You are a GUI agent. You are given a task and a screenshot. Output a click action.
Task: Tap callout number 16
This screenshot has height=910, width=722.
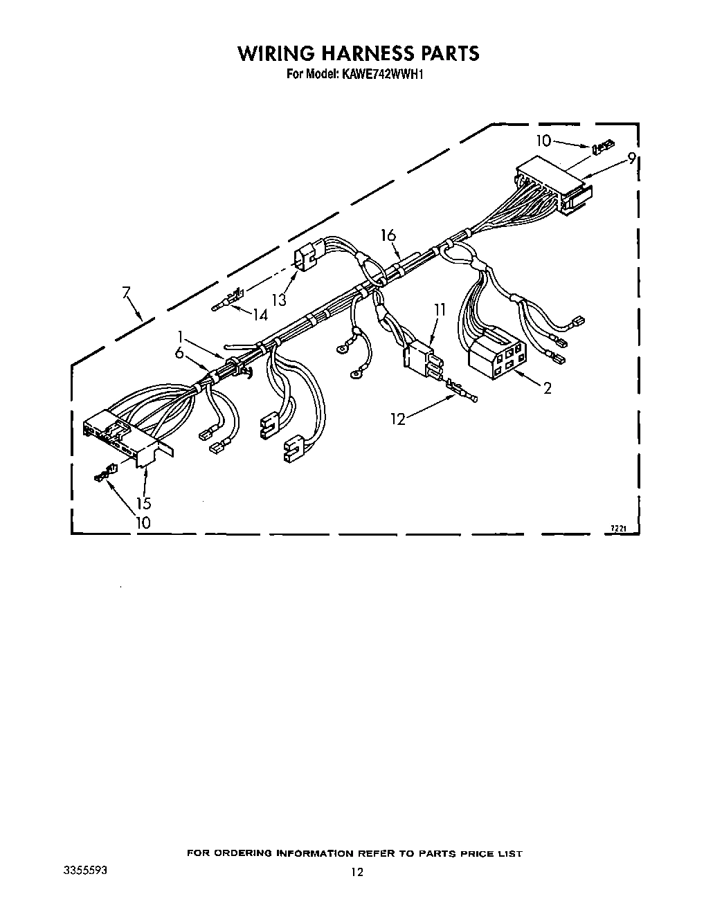tap(388, 236)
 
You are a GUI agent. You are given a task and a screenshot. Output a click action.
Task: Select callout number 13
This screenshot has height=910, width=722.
tap(279, 299)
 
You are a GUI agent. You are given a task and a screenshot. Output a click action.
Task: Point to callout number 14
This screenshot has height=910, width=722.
tap(260, 315)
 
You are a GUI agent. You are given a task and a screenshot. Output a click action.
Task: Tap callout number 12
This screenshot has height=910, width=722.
tap(397, 419)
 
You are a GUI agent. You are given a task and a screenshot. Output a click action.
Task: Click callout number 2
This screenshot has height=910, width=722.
tap(547, 389)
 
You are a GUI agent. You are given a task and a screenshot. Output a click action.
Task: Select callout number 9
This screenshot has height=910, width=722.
tap(631, 158)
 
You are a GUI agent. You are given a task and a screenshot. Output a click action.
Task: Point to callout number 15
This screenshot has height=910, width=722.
tap(143, 503)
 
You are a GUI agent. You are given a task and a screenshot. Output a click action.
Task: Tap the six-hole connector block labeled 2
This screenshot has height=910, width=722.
tap(497, 353)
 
